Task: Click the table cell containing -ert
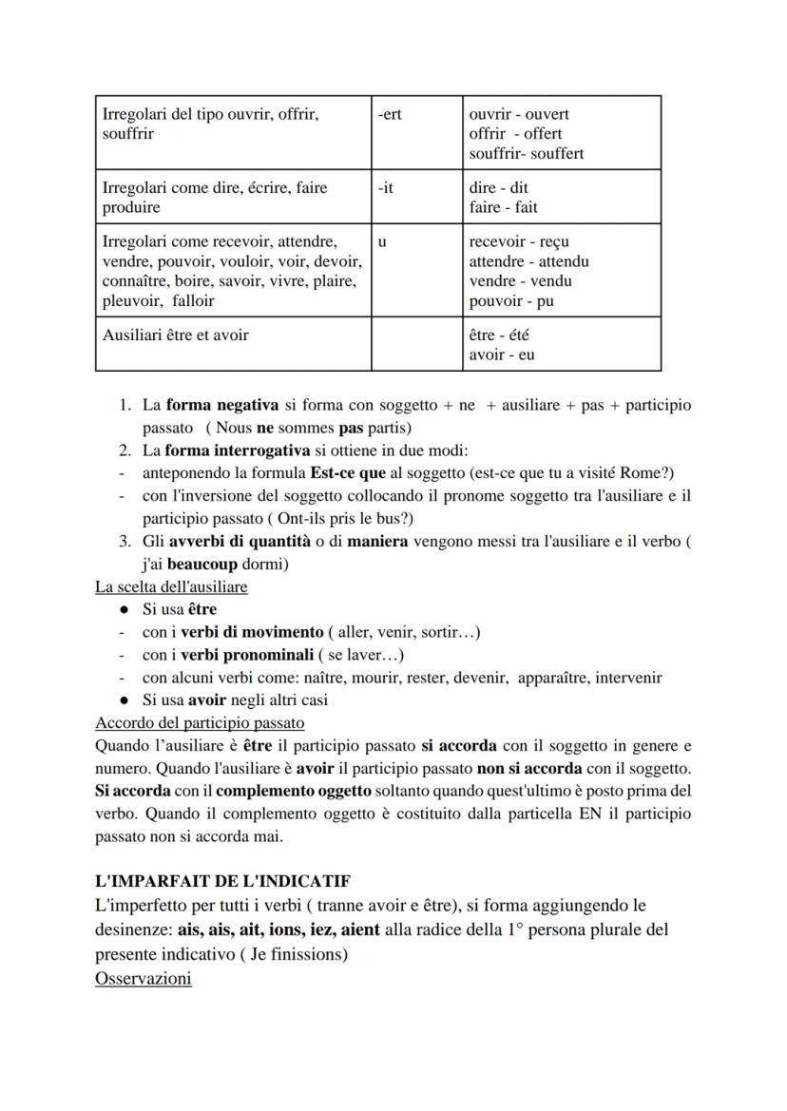(x=417, y=132)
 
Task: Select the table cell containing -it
(x=417, y=197)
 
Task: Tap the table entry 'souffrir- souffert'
(x=527, y=154)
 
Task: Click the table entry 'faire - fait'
(x=503, y=207)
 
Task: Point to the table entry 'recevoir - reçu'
(x=519, y=241)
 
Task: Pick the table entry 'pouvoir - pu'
(x=511, y=301)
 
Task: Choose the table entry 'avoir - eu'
(x=502, y=355)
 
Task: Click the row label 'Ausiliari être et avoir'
(x=176, y=335)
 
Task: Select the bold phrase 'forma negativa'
(x=223, y=405)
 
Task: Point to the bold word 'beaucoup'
(x=202, y=564)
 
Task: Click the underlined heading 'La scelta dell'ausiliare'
(x=171, y=586)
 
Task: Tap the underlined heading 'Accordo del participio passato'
(x=200, y=723)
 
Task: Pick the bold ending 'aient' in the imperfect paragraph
(x=361, y=929)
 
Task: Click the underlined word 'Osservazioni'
(x=143, y=978)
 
